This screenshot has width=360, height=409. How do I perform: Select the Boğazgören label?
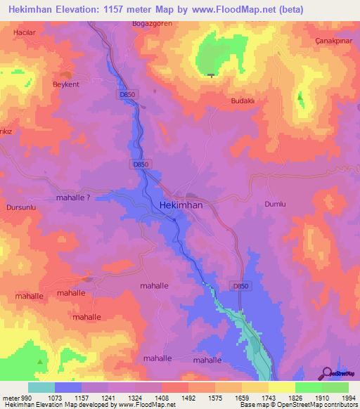coord(152,23)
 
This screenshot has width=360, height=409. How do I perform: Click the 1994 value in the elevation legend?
coord(347,397)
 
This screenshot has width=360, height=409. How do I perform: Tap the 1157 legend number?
coord(82,397)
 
